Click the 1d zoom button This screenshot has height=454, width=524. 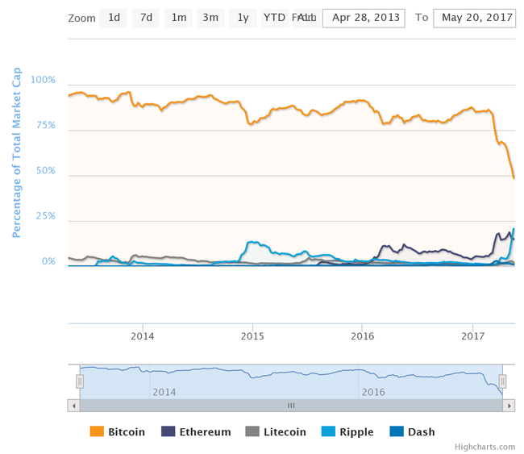[114, 18]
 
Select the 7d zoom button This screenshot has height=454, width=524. [146, 18]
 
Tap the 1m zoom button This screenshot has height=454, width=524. [178, 18]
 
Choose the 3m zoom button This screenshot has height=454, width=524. [210, 18]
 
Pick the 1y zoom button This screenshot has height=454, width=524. [242, 18]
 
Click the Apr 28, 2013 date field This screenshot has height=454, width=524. [365, 18]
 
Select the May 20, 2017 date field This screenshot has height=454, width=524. [474, 18]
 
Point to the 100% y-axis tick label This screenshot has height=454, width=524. [43, 80]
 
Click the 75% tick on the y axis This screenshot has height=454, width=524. [45, 125]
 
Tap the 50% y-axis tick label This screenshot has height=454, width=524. [45, 171]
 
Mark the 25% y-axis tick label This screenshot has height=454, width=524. [45, 216]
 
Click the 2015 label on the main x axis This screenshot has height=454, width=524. [252, 335]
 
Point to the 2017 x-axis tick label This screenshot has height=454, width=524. [473, 335]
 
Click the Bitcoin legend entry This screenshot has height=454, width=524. [118, 431]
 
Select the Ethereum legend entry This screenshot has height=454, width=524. [196, 431]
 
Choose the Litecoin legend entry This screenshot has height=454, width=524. [275, 431]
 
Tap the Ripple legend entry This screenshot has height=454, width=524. [347, 431]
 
